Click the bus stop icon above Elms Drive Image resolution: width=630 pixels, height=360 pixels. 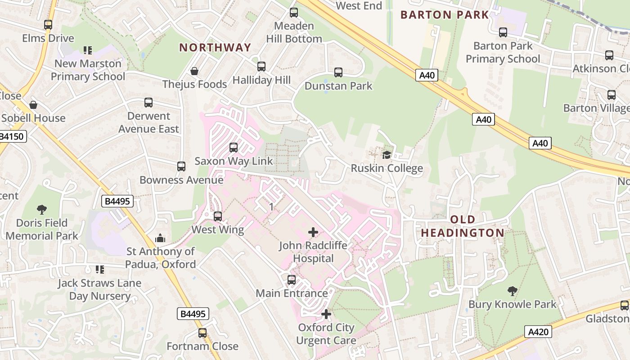(x=48, y=25)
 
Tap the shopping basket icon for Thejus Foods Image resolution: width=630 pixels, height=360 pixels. (x=194, y=71)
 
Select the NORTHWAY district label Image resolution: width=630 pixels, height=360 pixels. (x=215, y=47)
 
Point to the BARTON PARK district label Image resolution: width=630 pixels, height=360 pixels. (x=444, y=15)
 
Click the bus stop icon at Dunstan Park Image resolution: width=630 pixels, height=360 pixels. (x=338, y=72)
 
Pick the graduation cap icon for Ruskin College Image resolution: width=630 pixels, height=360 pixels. (x=387, y=155)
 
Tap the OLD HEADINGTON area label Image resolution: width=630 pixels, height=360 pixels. (x=463, y=226)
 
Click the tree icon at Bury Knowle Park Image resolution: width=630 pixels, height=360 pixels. (x=512, y=291)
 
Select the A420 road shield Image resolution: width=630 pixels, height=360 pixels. (x=538, y=332)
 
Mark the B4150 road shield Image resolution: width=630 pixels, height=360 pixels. (x=13, y=136)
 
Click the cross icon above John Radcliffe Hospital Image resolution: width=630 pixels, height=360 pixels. (x=313, y=232)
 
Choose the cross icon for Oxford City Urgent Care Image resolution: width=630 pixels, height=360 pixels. (x=326, y=314)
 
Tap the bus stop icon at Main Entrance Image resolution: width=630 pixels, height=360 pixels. (x=292, y=280)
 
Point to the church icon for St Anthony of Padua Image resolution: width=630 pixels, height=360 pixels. (x=160, y=238)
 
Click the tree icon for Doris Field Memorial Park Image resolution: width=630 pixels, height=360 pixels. (x=42, y=209)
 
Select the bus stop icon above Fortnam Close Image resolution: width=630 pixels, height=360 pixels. (x=202, y=333)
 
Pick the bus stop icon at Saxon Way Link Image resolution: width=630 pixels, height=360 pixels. (x=234, y=148)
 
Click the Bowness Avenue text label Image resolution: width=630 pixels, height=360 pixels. (x=181, y=180)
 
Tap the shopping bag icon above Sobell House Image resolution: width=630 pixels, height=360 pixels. (x=33, y=105)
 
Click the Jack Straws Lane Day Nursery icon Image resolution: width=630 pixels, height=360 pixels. (x=99, y=270)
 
